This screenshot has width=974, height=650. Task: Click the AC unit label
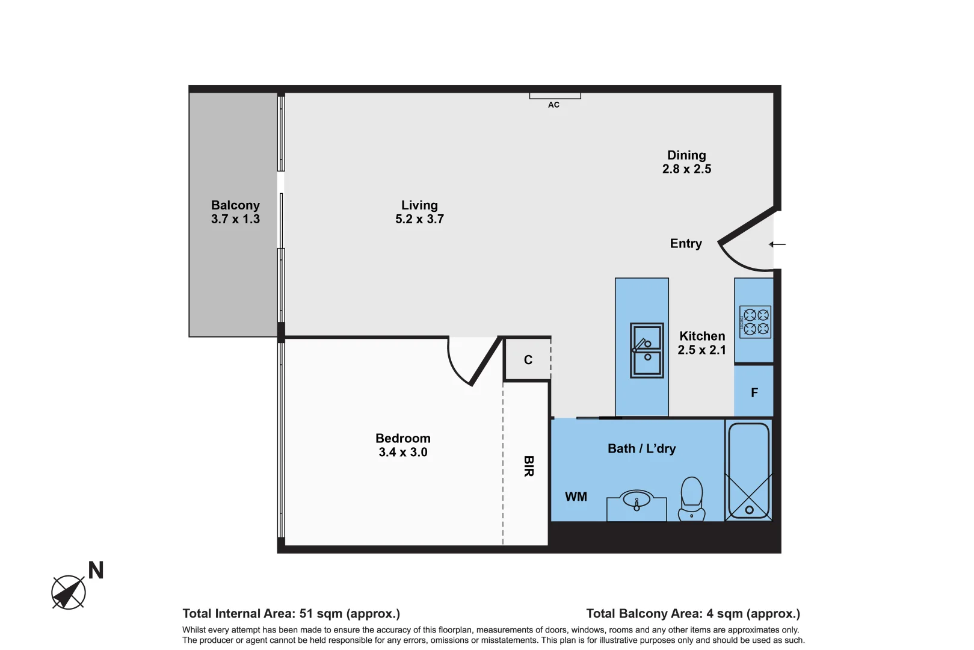(x=553, y=105)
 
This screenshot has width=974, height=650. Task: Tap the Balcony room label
(x=235, y=205)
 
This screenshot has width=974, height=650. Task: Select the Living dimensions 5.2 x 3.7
(x=419, y=220)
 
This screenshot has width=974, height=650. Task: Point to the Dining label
(x=686, y=155)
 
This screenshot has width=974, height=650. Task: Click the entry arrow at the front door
(x=777, y=244)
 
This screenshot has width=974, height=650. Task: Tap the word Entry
(x=686, y=244)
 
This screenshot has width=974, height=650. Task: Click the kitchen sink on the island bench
(x=647, y=350)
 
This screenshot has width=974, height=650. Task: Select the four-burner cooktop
(x=756, y=322)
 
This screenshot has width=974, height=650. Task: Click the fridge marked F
(x=754, y=393)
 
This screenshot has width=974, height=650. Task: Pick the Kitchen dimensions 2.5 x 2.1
(x=701, y=350)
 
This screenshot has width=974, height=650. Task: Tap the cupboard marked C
(x=528, y=360)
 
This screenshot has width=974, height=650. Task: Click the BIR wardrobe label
(x=528, y=466)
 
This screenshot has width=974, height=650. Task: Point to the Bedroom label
(x=402, y=439)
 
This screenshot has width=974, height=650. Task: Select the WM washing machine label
(x=576, y=497)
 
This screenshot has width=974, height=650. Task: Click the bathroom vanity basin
(x=636, y=500)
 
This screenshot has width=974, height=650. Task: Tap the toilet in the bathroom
(x=692, y=497)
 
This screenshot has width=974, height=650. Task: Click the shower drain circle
(x=749, y=510)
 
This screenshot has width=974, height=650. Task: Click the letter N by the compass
(x=96, y=571)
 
